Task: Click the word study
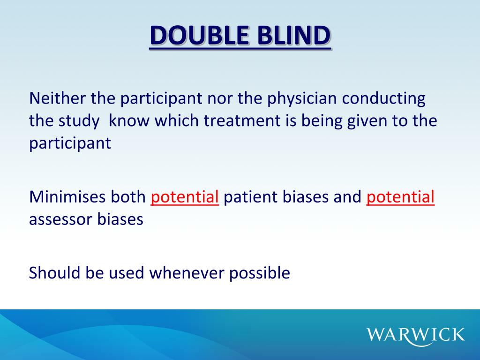pos(79,121)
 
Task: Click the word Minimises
pos(67,197)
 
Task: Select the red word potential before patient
pos(185,198)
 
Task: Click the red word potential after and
pos(400,198)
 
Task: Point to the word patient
pos(251,198)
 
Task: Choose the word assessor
pos(61,219)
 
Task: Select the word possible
pos(260,273)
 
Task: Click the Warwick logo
pos(415,335)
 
